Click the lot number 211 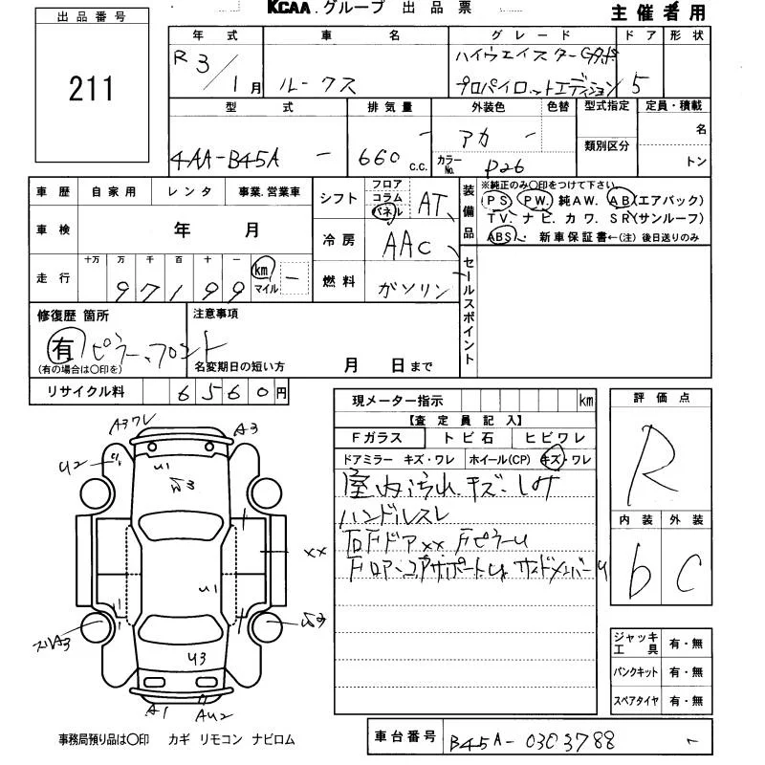91,89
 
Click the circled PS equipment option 496,200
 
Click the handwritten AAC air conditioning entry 406,247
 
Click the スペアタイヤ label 635,701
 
